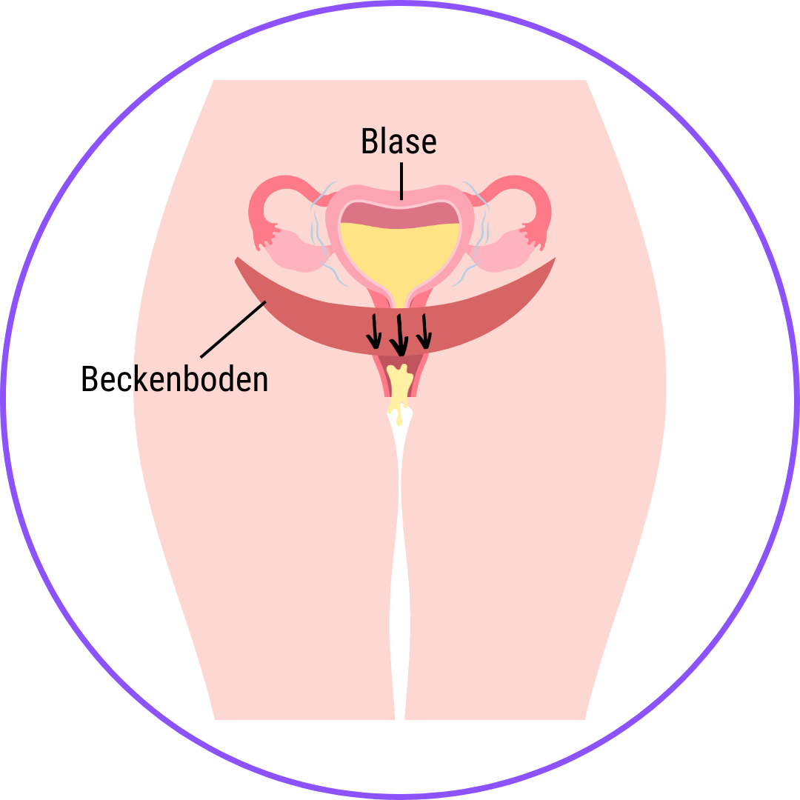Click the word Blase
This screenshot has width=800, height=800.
399,141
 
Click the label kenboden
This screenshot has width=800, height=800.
201,380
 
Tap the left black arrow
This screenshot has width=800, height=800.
375,330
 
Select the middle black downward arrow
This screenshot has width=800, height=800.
400,334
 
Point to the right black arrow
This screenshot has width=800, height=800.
424,330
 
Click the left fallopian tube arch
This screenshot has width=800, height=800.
278,189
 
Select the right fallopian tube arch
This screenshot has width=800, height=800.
522,189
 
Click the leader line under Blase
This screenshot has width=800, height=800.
401,181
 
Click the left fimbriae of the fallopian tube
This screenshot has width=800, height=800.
263,237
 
